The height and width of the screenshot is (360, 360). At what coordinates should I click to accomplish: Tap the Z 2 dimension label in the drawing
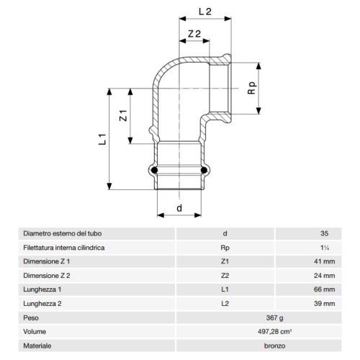pos(193,34)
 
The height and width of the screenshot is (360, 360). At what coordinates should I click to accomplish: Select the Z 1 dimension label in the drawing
pos(124,114)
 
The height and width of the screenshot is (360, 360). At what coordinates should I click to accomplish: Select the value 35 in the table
pos(325,233)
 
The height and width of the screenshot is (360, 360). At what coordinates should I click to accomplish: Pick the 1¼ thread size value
pos(325,248)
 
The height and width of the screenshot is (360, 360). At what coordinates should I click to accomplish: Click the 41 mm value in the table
pos(325,261)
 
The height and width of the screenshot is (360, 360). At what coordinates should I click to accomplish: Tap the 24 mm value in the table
pos(325,275)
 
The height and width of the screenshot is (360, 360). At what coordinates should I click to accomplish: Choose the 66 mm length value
pos(325,289)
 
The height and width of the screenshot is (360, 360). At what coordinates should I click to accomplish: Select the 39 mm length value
pos(325,303)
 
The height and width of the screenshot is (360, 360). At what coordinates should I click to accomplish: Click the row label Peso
pos(31,317)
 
